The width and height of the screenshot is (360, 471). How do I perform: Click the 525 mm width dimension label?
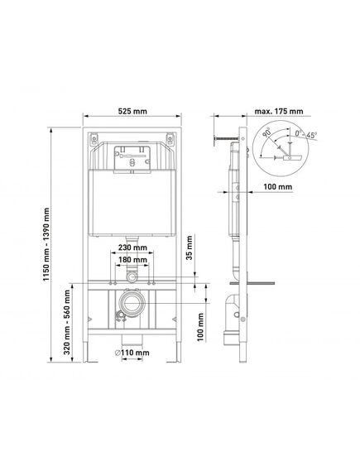pos(132,111)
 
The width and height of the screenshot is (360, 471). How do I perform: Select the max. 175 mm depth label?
pos(279,111)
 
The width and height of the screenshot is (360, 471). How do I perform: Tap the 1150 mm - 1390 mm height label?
pos(46,244)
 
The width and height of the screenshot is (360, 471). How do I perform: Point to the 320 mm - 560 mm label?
pos(67,321)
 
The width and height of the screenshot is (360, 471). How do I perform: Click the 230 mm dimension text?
pos(132,248)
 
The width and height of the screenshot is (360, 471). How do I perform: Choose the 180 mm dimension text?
pos(132,260)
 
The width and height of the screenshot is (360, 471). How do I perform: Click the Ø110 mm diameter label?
pos(132,353)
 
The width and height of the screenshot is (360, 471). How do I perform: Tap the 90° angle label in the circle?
pos(266,132)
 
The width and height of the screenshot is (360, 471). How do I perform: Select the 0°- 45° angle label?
pos(305,134)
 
